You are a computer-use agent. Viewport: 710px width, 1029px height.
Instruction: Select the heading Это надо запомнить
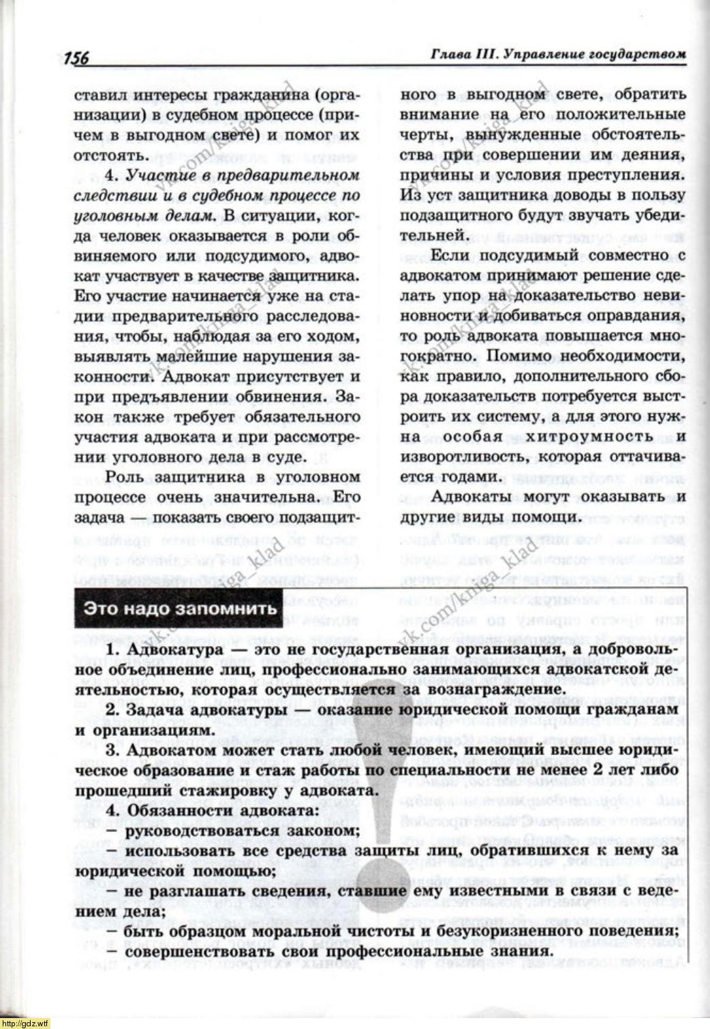click(x=180, y=608)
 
